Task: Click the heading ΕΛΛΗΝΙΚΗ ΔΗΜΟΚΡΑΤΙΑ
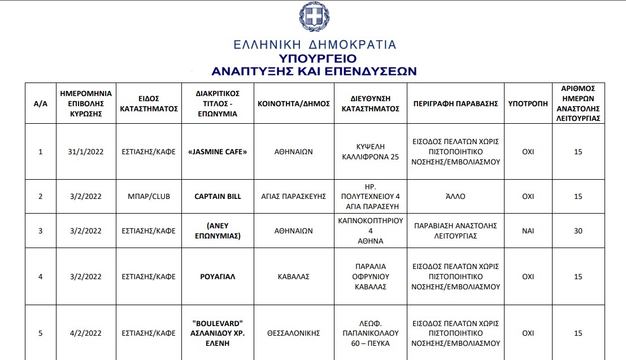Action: coord(315,45)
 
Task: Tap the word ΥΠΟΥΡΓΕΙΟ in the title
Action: coord(317,58)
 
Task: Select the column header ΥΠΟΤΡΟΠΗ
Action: coord(528,103)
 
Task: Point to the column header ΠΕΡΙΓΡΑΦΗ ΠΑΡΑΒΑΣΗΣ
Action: coord(455,103)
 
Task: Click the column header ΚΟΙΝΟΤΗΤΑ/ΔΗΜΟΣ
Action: coord(293,103)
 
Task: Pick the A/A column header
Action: coord(40,103)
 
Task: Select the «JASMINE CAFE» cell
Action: coord(218,151)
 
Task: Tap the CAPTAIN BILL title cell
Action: coord(218,196)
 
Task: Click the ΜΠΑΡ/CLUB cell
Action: coord(149,196)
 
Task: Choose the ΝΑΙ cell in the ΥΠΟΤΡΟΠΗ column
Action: coord(528,231)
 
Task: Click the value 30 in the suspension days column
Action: coord(577,231)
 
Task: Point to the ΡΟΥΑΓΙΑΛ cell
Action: coord(218,276)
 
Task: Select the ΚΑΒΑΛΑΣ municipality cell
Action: coord(293,276)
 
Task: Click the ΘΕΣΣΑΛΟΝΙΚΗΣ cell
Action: coord(293,333)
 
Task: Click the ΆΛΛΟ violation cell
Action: coord(455,196)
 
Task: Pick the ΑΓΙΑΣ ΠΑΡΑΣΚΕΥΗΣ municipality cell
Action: coord(293,196)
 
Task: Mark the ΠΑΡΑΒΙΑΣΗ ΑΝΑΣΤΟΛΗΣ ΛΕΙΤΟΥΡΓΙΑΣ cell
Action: coord(455,231)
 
